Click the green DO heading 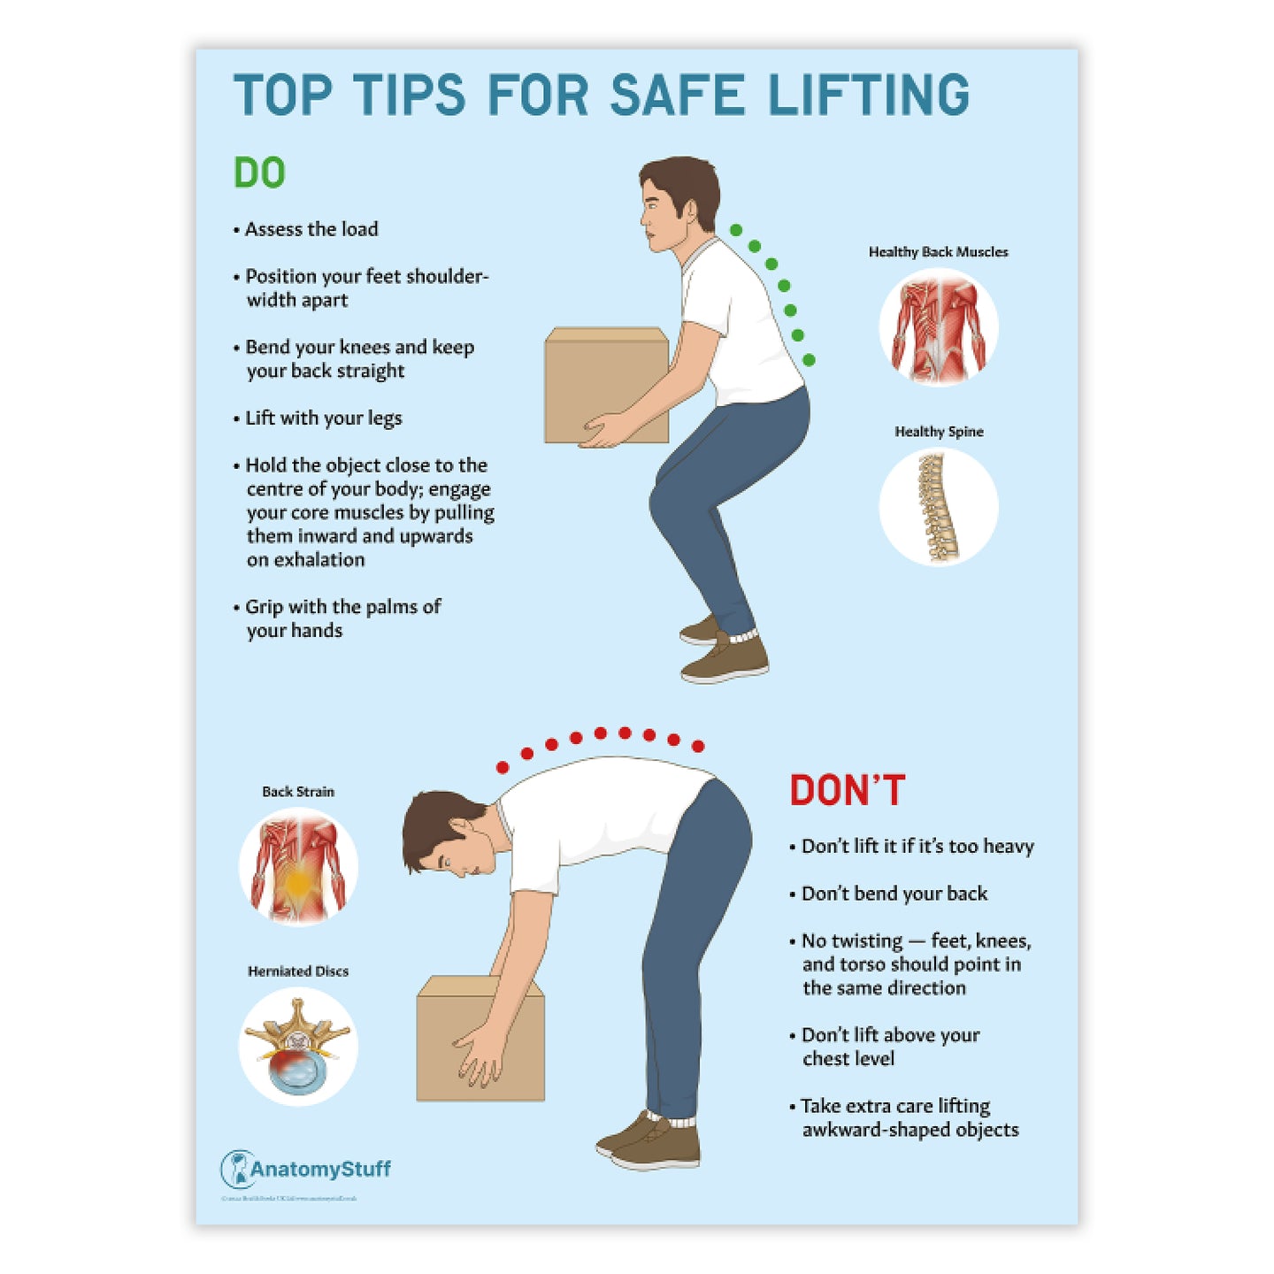(259, 173)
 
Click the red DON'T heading (847, 790)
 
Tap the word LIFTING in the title (868, 96)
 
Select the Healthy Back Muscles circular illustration (938, 327)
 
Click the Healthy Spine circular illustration (938, 507)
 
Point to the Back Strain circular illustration (298, 867)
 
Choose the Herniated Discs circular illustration (298, 1047)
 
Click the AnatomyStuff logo (306, 1169)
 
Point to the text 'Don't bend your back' (894, 894)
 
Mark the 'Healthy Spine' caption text (939, 432)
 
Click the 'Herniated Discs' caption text (298, 971)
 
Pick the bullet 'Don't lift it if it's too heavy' (917, 847)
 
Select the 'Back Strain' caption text (298, 792)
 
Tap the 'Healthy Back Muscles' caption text (938, 252)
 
